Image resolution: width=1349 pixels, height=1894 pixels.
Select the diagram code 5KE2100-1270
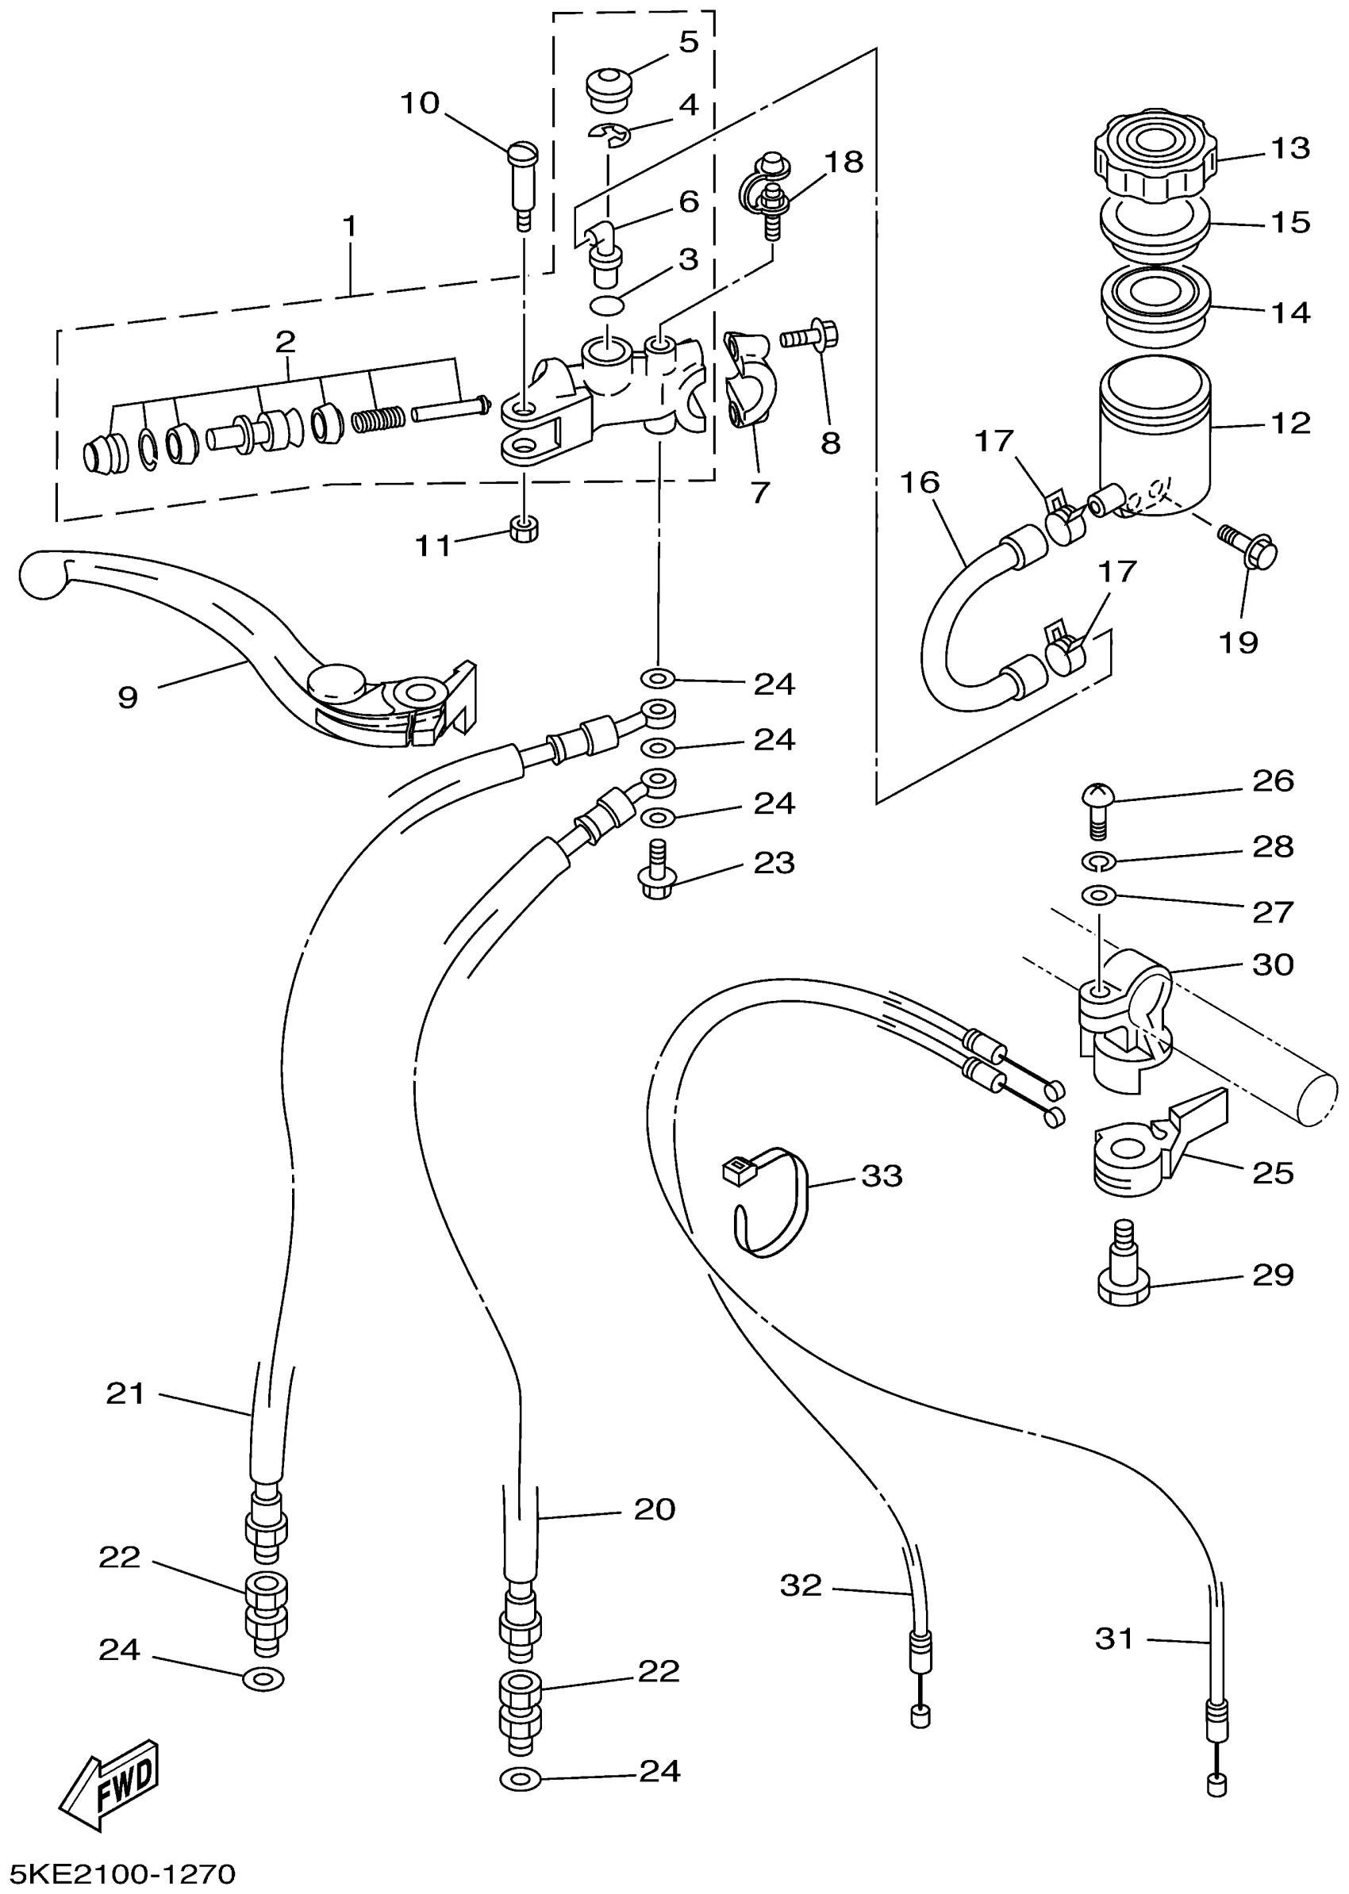click(121, 1873)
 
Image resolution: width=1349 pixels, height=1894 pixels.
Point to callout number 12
click(1290, 424)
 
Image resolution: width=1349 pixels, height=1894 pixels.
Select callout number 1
click(350, 226)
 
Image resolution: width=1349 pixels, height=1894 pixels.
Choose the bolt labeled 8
click(811, 336)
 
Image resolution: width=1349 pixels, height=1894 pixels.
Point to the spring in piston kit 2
click(378, 420)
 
